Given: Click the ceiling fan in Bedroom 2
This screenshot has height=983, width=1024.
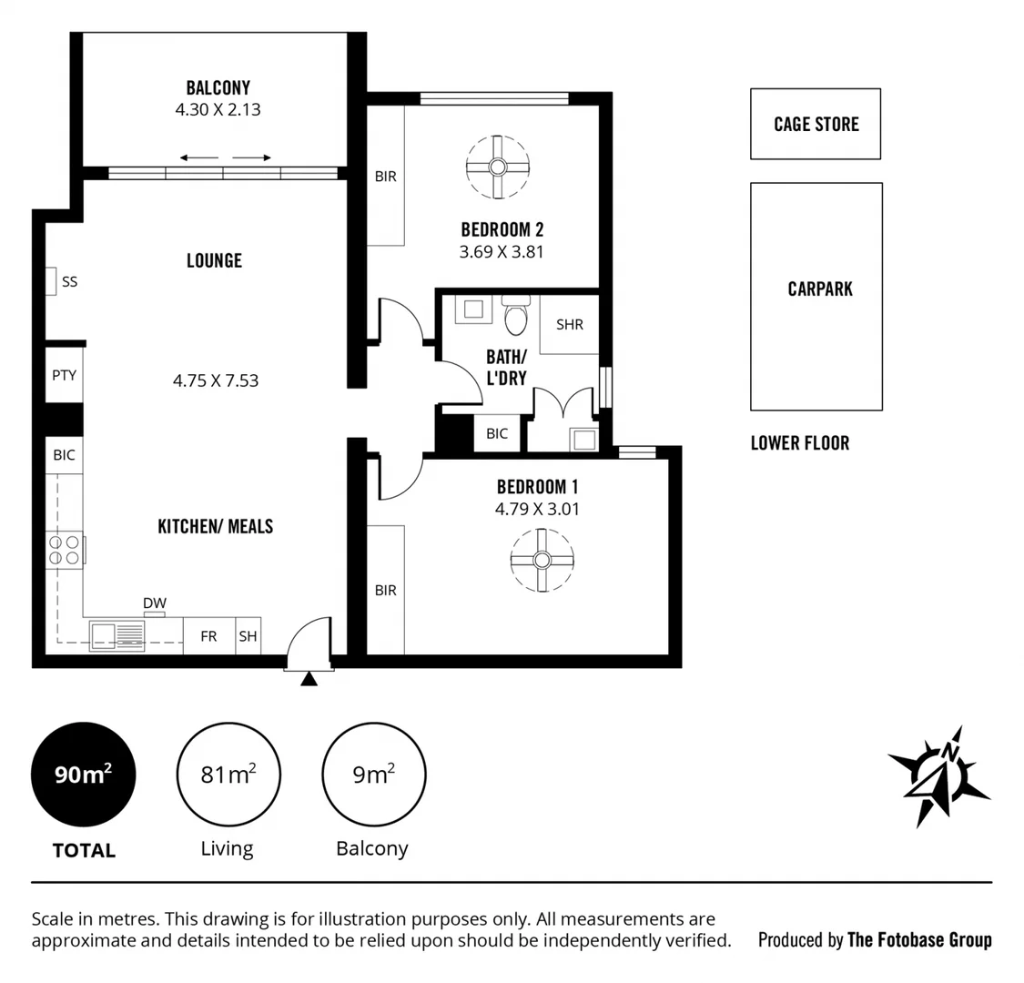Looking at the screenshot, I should point(497,167).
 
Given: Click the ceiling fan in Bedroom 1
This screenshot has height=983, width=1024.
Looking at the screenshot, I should point(542,560).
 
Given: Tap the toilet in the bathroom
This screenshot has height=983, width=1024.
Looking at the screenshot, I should point(515,317).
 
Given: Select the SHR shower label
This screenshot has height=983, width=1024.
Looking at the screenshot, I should point(569,324).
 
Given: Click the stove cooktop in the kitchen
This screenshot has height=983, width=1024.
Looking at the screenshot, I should point(65,549).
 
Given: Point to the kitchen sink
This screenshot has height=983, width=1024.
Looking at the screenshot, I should point(117,634).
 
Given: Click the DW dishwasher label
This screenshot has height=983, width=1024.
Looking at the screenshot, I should point(155,603).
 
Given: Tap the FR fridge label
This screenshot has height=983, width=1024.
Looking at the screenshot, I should point(208,636).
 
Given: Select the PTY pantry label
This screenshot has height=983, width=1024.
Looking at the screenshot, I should point(64,375).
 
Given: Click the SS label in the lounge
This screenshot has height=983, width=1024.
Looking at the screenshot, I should point(69,282).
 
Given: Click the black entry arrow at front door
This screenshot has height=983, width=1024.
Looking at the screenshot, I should point(309,678).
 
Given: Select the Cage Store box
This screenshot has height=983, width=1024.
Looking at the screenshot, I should point(816,124).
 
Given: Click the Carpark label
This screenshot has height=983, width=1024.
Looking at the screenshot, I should point(820,289).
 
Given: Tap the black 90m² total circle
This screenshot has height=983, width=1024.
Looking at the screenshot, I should point(83,775).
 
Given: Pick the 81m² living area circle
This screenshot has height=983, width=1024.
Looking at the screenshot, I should point(228,775).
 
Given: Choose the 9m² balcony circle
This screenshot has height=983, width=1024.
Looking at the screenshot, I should point(373,775).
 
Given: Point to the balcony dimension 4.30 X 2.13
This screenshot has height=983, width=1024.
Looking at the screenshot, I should point(218,109).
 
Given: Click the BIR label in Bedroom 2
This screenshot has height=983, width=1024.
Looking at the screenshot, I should point(385,177).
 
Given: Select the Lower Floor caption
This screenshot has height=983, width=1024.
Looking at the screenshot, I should point(799,443).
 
